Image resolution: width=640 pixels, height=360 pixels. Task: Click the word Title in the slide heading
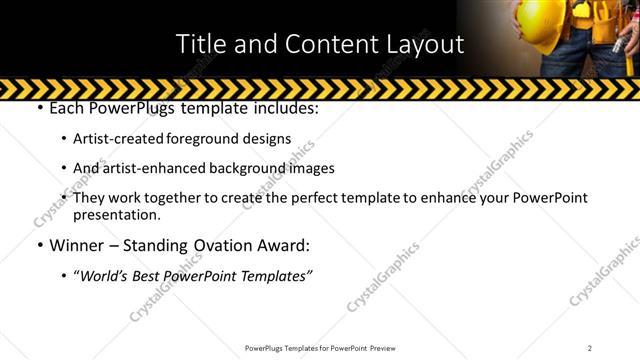(201, 44)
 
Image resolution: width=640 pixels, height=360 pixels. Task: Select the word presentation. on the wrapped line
(117, 215)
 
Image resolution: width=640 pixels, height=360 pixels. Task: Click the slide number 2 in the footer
(590, 347)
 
